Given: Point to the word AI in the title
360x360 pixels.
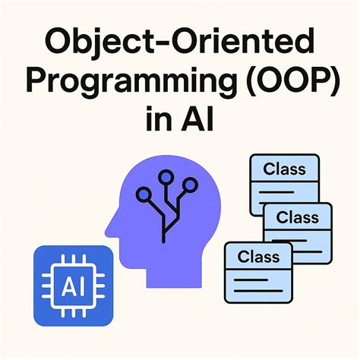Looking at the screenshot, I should pyautogui.click(x=201, y=121).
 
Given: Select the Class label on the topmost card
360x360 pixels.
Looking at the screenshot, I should pyautogui.click(x=283, y=169).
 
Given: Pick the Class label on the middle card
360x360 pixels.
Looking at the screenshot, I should pyautogui.click(x=297, y=217).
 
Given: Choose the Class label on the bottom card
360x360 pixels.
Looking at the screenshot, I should pyautogui.click(x=258, y=257).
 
